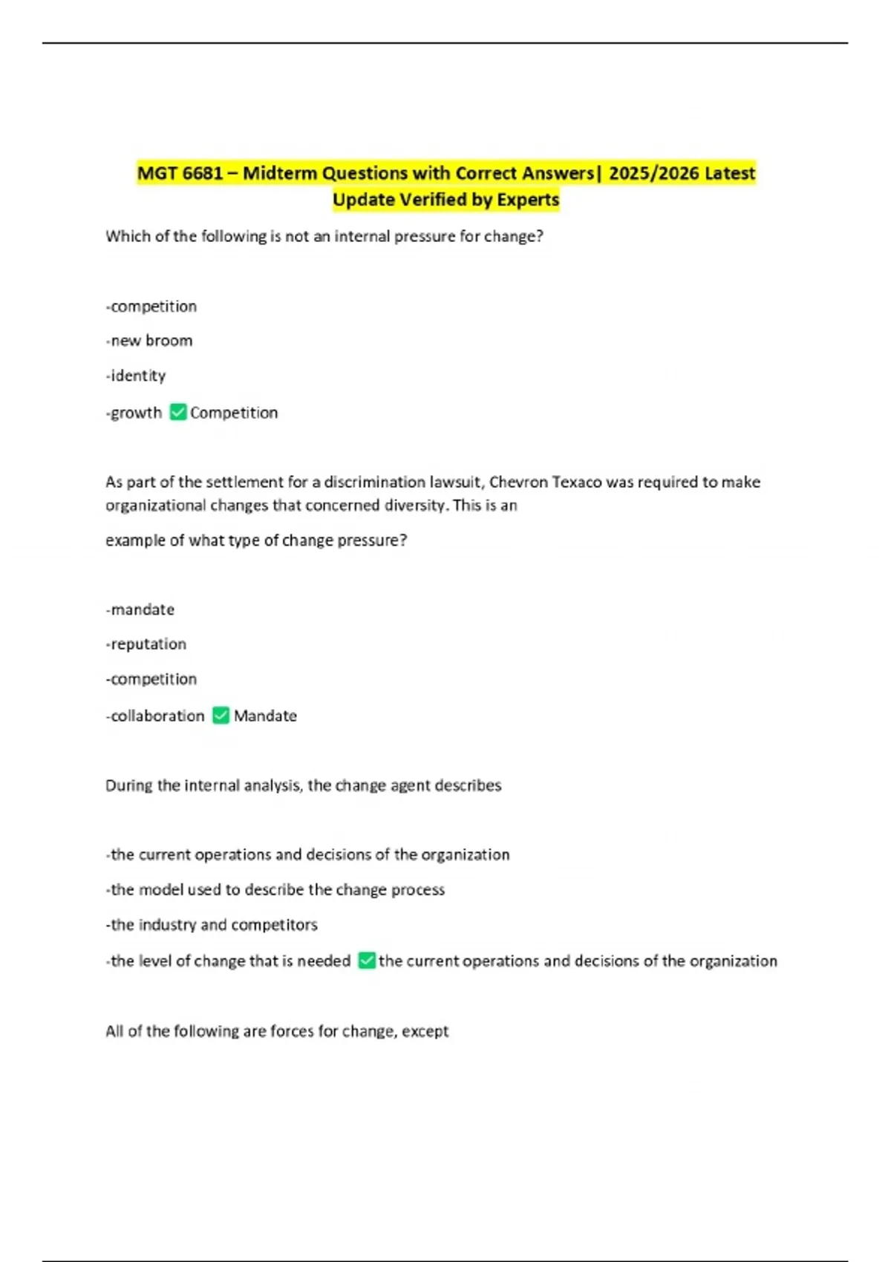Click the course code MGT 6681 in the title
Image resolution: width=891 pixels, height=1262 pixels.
[180, 174]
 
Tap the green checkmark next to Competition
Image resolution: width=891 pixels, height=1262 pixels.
[178, 412]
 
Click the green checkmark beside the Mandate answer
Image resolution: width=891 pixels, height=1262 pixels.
[221, 715]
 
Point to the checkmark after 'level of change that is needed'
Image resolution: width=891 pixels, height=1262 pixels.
[366, 961]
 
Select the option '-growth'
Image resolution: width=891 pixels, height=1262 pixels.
[134, 413]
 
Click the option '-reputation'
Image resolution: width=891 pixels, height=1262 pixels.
[146, 644]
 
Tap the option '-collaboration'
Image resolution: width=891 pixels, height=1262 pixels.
[154, 716]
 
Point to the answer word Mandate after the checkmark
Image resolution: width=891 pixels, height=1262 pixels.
[265, 716]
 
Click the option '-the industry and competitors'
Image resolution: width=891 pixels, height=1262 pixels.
[212, 925]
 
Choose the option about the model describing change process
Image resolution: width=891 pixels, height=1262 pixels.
[275, 890]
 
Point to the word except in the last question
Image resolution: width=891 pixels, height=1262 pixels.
[425, 1031]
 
